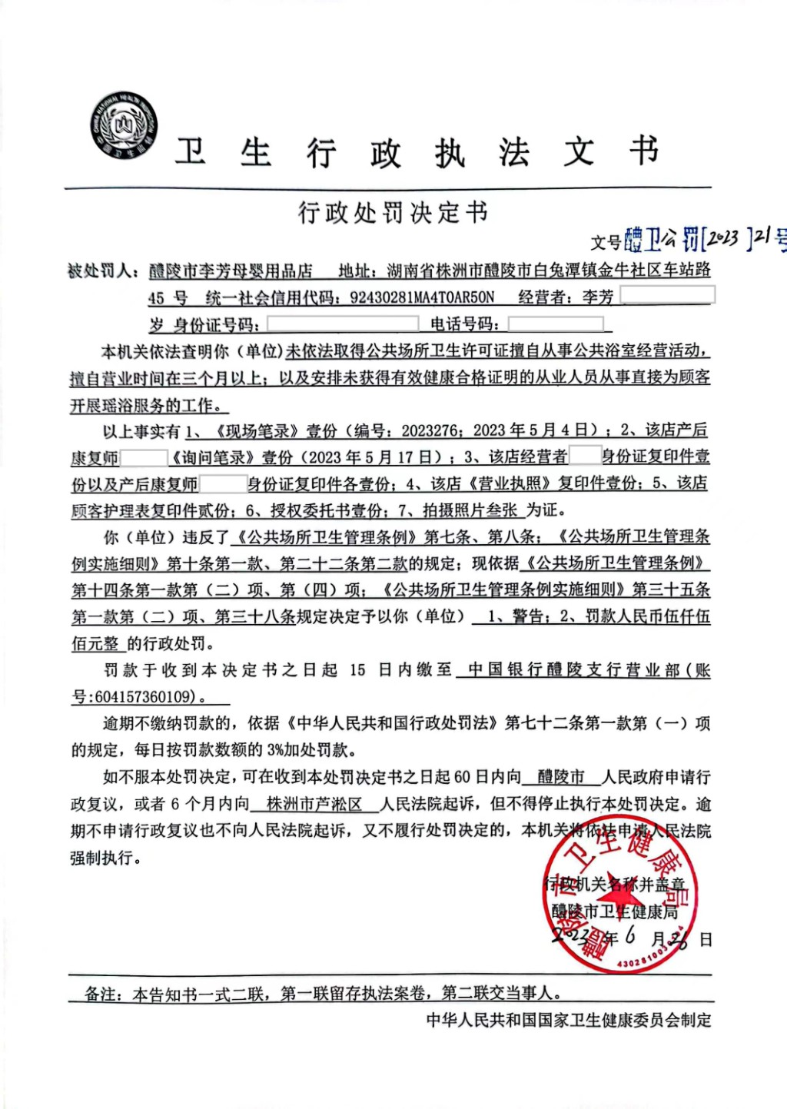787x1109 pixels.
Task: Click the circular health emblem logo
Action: [x=123, y=125]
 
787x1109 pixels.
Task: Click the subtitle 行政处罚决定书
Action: [x=393, y=212]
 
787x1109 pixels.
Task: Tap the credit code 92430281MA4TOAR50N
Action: [x=422, y=297]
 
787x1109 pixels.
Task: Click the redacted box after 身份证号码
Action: [x=342, y=324]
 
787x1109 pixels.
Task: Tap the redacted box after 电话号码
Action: [x=555, y=324]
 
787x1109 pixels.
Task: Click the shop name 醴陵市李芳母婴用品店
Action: [x=231, y=271]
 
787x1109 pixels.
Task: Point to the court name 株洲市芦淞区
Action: [x=314, y=804]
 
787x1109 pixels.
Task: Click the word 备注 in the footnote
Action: [x=102, y=994]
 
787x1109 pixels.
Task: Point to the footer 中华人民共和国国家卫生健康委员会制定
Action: [x=569, y=1020]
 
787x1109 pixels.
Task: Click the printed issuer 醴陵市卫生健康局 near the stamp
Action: [x=615, y=911]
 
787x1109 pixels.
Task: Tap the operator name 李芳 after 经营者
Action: [x=598, y=297]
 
